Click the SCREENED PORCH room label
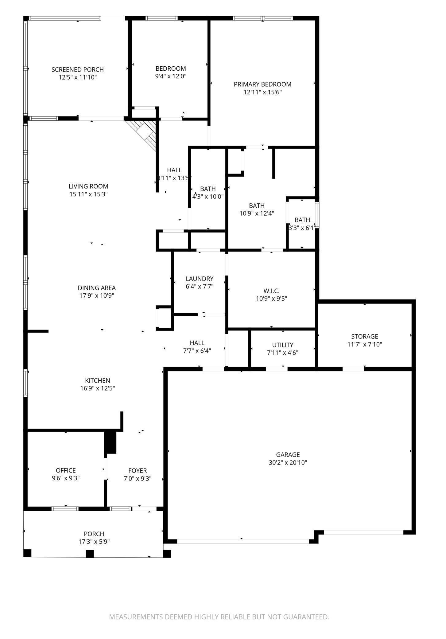(78, 70)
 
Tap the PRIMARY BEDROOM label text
(262, 84)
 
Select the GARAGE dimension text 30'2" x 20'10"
(288, 463)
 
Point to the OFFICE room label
(66, 470)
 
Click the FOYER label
(138, 470)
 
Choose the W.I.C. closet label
(271, 290)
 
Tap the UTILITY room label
(283, 345)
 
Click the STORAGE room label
(365, 336)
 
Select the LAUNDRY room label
(200, 279)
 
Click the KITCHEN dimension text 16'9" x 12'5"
(98, 388)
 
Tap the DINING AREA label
(97, 288)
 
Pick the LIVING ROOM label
(88, 186)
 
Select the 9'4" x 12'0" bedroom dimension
(171, 76)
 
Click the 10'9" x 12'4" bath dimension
(257, 213)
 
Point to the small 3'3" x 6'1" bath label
(302, 220)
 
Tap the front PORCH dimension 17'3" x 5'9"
(94, 542)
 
